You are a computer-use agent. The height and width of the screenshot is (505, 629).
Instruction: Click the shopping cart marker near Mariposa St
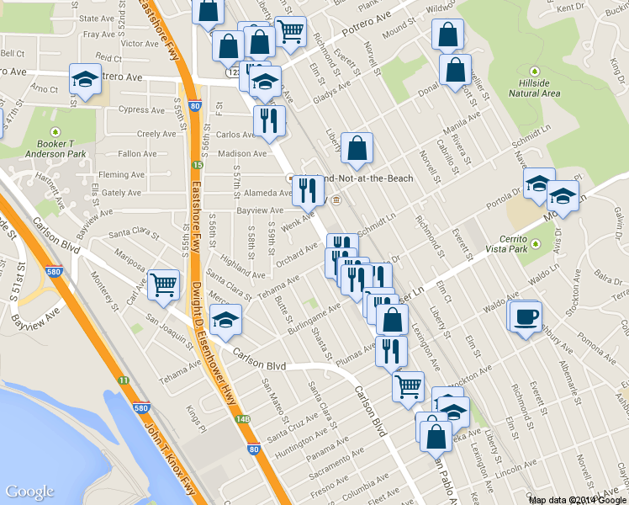click(163, 285)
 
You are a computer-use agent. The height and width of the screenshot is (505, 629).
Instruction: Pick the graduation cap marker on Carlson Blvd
click(225, 320)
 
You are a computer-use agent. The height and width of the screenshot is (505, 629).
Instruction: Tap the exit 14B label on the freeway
click(243, 418)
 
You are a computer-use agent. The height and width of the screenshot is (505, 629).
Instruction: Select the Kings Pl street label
click(196, 415)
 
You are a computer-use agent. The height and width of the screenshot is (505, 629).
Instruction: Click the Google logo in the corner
click(29, 492)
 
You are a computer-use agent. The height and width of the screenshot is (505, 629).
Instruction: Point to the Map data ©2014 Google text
click(578, 500)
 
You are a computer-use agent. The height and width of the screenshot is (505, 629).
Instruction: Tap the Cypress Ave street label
click(141, 109)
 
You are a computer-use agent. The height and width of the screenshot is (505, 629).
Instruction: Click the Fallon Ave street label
click(138, 154)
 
